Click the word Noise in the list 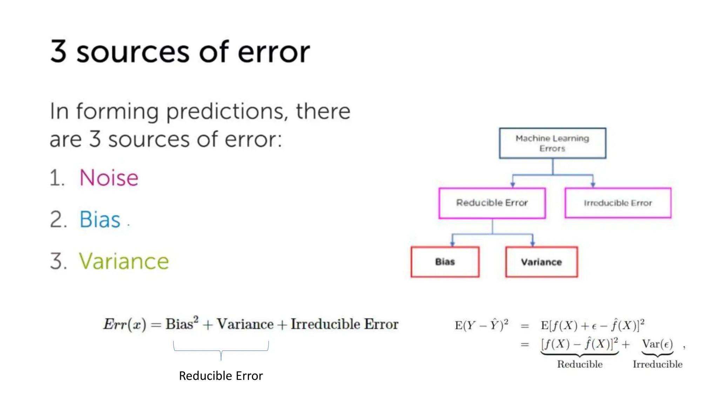point(109,177)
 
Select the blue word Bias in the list point(100,220)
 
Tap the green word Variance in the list point(124,261)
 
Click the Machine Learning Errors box point(552,143)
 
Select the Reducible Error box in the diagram point(492,203)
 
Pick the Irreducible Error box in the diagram point(618,203)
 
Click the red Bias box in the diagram point(445,262)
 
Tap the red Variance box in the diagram point(541,262)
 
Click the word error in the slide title point(274,52)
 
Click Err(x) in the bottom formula point(124,324)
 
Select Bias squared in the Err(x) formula point(182,323)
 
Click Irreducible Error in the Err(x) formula point(344,324)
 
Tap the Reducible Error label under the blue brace point(221,376)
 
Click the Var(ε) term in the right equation point(657,344)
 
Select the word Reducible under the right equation point(580,364)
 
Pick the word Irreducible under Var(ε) point(657,364)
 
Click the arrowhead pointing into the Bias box point(452,243)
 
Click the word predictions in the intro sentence point(224,112)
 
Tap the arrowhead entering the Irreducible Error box point(593,184)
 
